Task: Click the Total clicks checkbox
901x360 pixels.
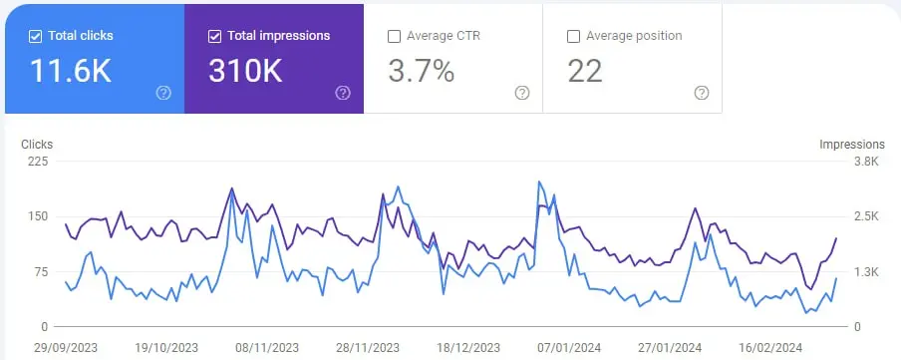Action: click(x=36, y=36)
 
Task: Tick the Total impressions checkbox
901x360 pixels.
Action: click(x=215, y=36)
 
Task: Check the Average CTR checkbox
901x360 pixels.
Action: click(x=394, y=37)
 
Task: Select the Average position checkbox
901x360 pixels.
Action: click(x=573, y=37)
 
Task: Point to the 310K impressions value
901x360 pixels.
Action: click(x=246, y=71)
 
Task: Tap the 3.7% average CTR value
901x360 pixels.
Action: click(x=421, y=71)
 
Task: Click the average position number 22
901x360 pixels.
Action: click(x=586, y=71)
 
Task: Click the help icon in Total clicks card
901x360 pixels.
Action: click(x=163, y=93)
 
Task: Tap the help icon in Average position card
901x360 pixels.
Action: click(x=702, y=93)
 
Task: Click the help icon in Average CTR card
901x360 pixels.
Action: click(x=522, y=93)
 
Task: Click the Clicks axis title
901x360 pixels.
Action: click(x=37, y=145)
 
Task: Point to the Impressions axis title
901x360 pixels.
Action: click(x=852, y=145)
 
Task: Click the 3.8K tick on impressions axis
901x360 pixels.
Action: click(x=863, y=162)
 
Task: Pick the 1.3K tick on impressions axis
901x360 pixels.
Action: click(x=863, y=271)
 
